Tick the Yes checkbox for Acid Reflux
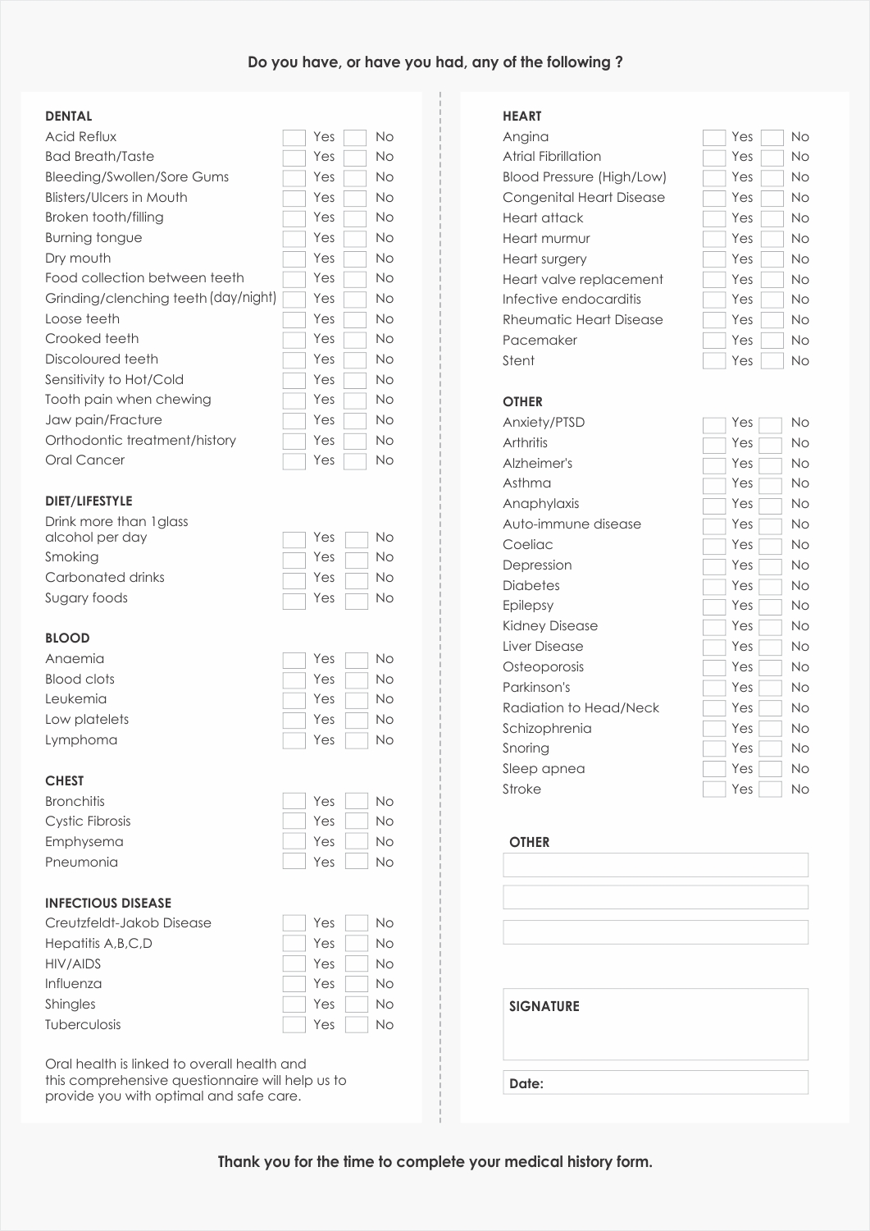(x=294, y=138)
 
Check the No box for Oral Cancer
(x=355, y=461)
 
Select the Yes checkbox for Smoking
(x=294, y=560)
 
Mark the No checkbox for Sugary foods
(x=357, y=601)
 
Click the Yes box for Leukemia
(x=294, y=700)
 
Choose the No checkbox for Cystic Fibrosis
(x=357, y=821)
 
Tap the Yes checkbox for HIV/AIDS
(x=294, y=963)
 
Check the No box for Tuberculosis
(x=357, y=1024)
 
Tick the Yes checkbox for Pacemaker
(x=714, y=341)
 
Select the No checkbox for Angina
(x=772, y=138)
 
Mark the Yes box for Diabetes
(x=714, y=587)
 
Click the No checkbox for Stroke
(x=770, y=789)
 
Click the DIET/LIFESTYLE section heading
(x=89, y=501)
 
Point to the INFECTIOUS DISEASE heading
(x=108, y=903)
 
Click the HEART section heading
(x=522, y=116)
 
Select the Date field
(x=672, y=1082)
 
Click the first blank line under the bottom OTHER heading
(x=655, y=865)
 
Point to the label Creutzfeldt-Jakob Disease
(x=128, y=922)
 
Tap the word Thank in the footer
(x=239, y=1161)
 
